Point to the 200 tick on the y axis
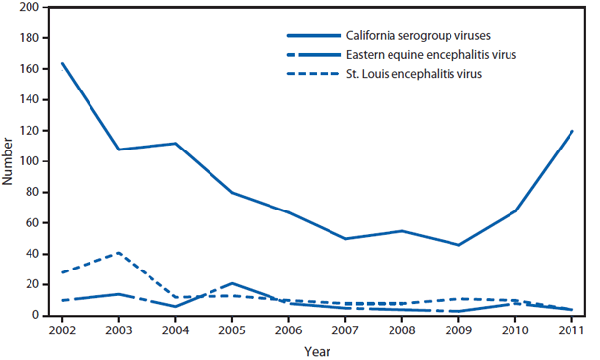coord(31,8)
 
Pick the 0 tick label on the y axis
coord(38,315)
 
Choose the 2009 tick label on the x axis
coord(457,330)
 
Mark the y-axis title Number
coord(9,161)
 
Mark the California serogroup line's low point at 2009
coord(457,244)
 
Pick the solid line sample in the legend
coord(305,29)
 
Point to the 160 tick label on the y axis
coord(31,69)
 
